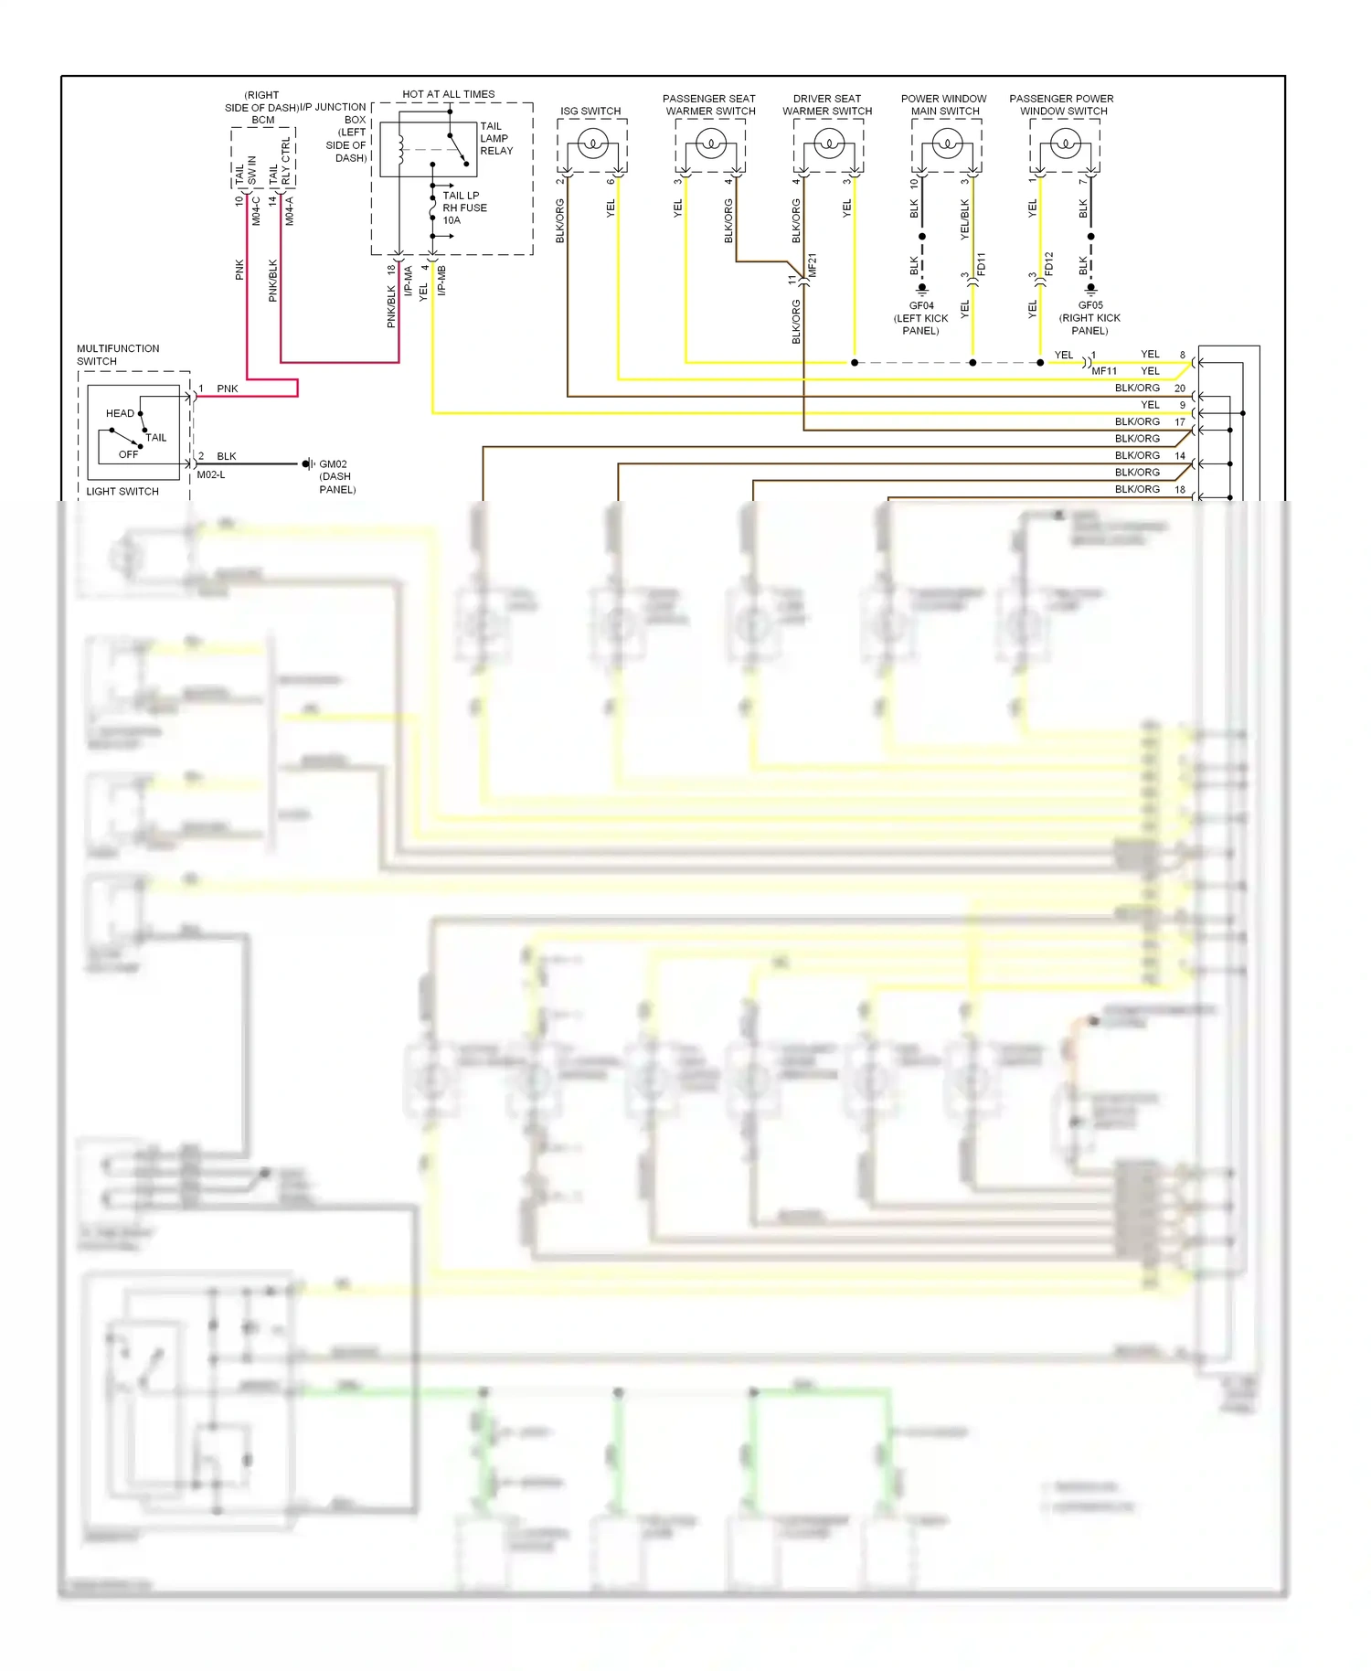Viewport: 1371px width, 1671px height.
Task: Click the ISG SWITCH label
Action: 590,112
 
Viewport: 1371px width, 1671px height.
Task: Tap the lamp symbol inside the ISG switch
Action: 592,144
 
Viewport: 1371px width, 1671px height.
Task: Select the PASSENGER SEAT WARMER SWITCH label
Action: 709,105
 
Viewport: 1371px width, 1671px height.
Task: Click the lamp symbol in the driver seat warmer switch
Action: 828,144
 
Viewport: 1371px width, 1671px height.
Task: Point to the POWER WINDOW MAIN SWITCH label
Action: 944,105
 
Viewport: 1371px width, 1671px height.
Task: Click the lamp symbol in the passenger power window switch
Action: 1065,144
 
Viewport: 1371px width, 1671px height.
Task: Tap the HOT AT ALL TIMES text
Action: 448,94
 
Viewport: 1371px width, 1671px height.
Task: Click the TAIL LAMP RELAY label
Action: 496,139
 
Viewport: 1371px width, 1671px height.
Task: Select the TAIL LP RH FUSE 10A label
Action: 464,208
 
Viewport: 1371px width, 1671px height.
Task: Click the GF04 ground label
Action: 921,306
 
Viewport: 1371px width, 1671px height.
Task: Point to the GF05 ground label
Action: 1090,305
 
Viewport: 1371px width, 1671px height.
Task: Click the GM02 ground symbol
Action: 308,464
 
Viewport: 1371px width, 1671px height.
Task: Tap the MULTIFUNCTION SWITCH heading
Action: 118,355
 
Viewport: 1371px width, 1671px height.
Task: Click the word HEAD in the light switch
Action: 120,413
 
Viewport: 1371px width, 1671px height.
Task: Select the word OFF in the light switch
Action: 128,454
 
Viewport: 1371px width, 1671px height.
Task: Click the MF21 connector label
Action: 813,266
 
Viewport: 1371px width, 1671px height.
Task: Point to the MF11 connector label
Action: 1104,371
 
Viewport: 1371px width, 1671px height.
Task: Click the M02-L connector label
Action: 211,475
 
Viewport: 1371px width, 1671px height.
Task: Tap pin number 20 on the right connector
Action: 1179,388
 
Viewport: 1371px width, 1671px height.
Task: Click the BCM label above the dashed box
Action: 263,120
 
